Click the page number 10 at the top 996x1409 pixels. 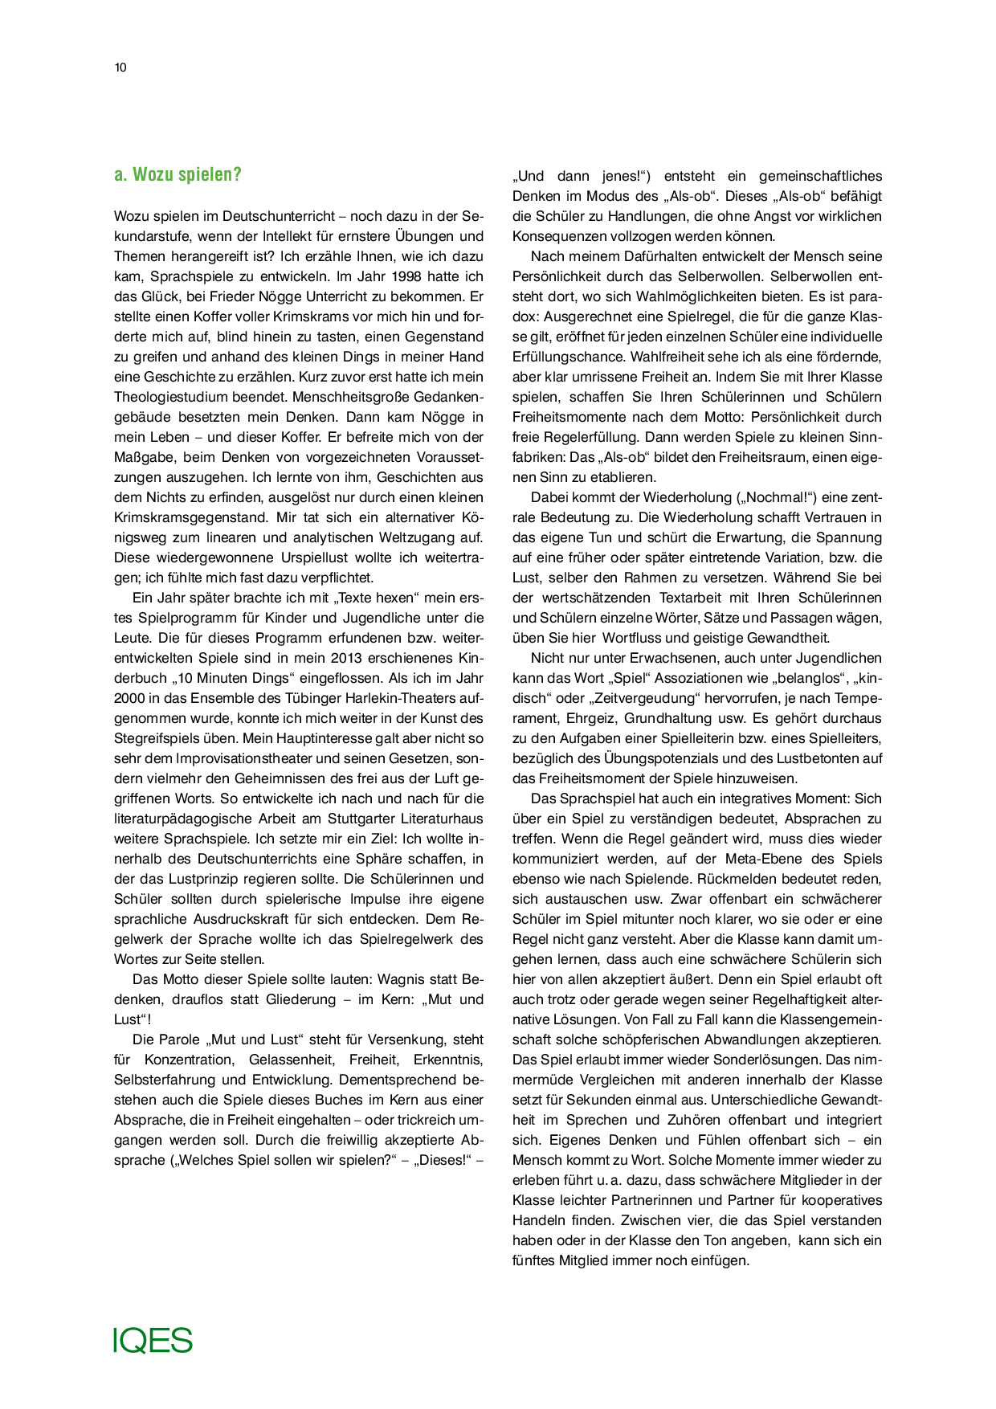tap(120, 67)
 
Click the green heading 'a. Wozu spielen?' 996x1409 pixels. tap(178, 175)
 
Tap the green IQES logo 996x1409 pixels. tap(153, 1341)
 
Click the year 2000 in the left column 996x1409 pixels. tap(129, 698)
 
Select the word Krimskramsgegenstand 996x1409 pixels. tap(188, 517)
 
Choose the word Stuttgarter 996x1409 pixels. tap(369, 819)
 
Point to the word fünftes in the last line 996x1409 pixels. tap(535, 1260)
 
